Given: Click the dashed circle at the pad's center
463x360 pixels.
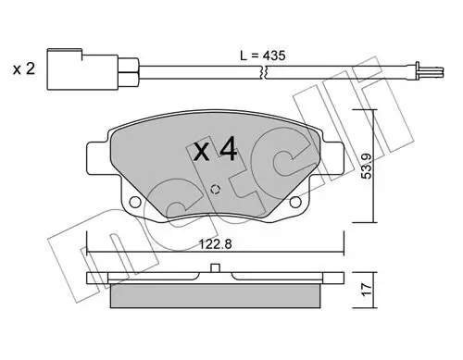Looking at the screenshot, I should pyautogui.click(x=217, y=190).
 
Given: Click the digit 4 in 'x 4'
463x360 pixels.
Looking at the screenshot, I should pyautogui.click(x=227, y=150).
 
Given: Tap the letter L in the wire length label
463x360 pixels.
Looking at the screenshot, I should pyautogui.click(x=243, y=57).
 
